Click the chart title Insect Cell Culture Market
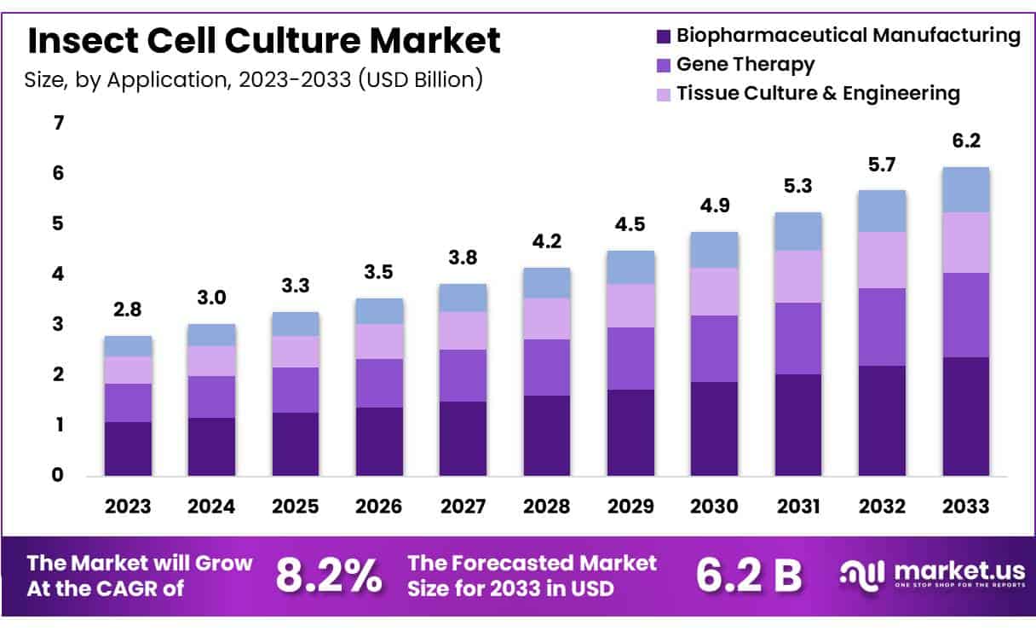coord(264,40)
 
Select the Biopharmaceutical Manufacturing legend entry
coord(839,36)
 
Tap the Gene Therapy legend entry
coord(737,64)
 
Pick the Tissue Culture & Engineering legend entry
coord(809,93)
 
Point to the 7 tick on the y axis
coord(59,124)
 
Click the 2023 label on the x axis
coord(128,506)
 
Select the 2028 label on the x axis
coord(547,506)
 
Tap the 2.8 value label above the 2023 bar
coord(128,310)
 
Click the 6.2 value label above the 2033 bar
coord(965,142)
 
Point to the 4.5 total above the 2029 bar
coord(630,225)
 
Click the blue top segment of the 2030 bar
coord(714,250)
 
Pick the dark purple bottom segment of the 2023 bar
coord(128,449)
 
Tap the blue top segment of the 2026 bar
coord(379,310)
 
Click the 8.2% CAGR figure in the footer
coord(329,576)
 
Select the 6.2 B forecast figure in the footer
coord(749,576)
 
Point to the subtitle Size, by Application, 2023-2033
coord(255,80)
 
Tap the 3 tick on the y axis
coord(59,325)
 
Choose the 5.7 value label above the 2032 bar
coord(882,165)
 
